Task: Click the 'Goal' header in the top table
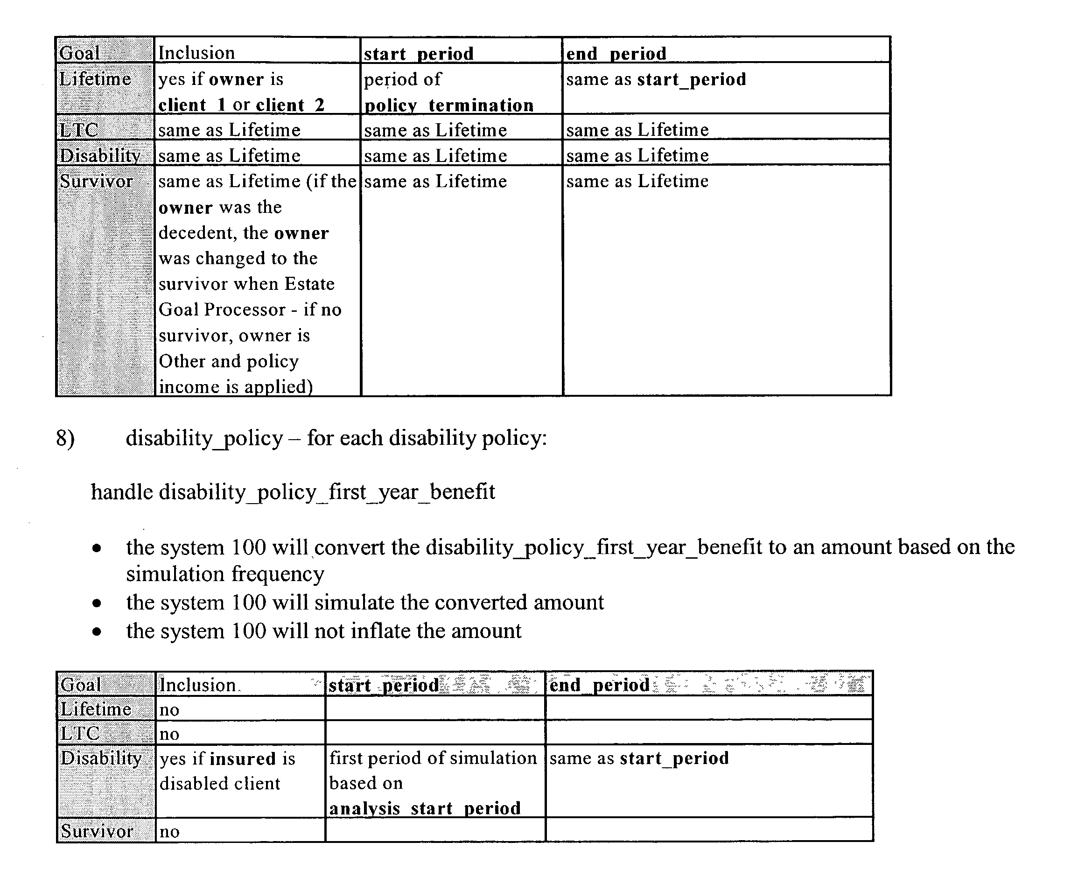(x=79, y=53)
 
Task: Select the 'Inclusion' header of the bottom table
(x=197, y=685)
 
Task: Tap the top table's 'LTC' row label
(x=78, y=130)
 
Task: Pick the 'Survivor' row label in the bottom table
(x=97, y=831)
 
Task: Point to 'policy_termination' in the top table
(x=449, y=105)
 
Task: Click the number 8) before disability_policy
(x=65, y=438)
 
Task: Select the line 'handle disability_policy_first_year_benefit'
(x=293, y=492)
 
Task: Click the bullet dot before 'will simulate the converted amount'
(x=97, y=603)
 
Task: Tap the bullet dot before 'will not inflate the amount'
(x=97, y=632)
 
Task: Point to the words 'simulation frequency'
(x=225, y=575)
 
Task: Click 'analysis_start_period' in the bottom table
(x=425, y=808)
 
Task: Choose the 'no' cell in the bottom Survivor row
(x=169, y=832)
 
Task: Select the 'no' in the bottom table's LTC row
(x=169, y=734)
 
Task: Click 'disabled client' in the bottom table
(x=219, y=784)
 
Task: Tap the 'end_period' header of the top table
(x=616, y=54)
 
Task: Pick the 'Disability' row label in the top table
(x=100, y=155)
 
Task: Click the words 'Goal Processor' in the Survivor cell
(x=222, y=309)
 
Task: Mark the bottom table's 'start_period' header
(x=384, y=686)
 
